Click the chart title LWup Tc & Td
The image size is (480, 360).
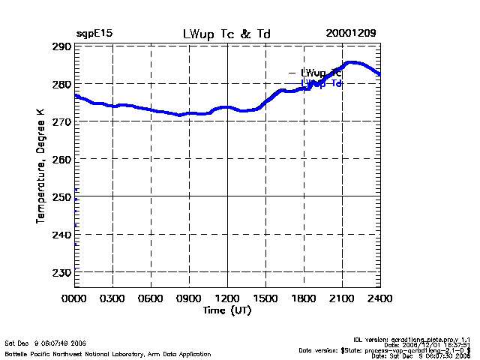tap(226, 34)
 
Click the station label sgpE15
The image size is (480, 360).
tap(94, 34)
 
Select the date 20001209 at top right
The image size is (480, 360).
tap(351, 34)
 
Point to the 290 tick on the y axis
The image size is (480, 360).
tap(62, 46)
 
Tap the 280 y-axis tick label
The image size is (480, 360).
tap(62, 84)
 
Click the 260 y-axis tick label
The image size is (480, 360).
tap(62, 159)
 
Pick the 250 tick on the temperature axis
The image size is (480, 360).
tap(62, 196)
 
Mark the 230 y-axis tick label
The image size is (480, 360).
tap(62, 271)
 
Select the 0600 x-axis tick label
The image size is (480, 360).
tap(151, 299)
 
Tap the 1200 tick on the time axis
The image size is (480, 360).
tap(227, 299)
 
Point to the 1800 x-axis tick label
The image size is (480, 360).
tap(304, 299)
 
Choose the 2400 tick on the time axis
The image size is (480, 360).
tap(379, 299)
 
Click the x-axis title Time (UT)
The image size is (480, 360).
tap(227, 310)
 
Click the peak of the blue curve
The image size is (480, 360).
tap(352, 63)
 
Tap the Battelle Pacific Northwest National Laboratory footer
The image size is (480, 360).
tap(107, 353)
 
